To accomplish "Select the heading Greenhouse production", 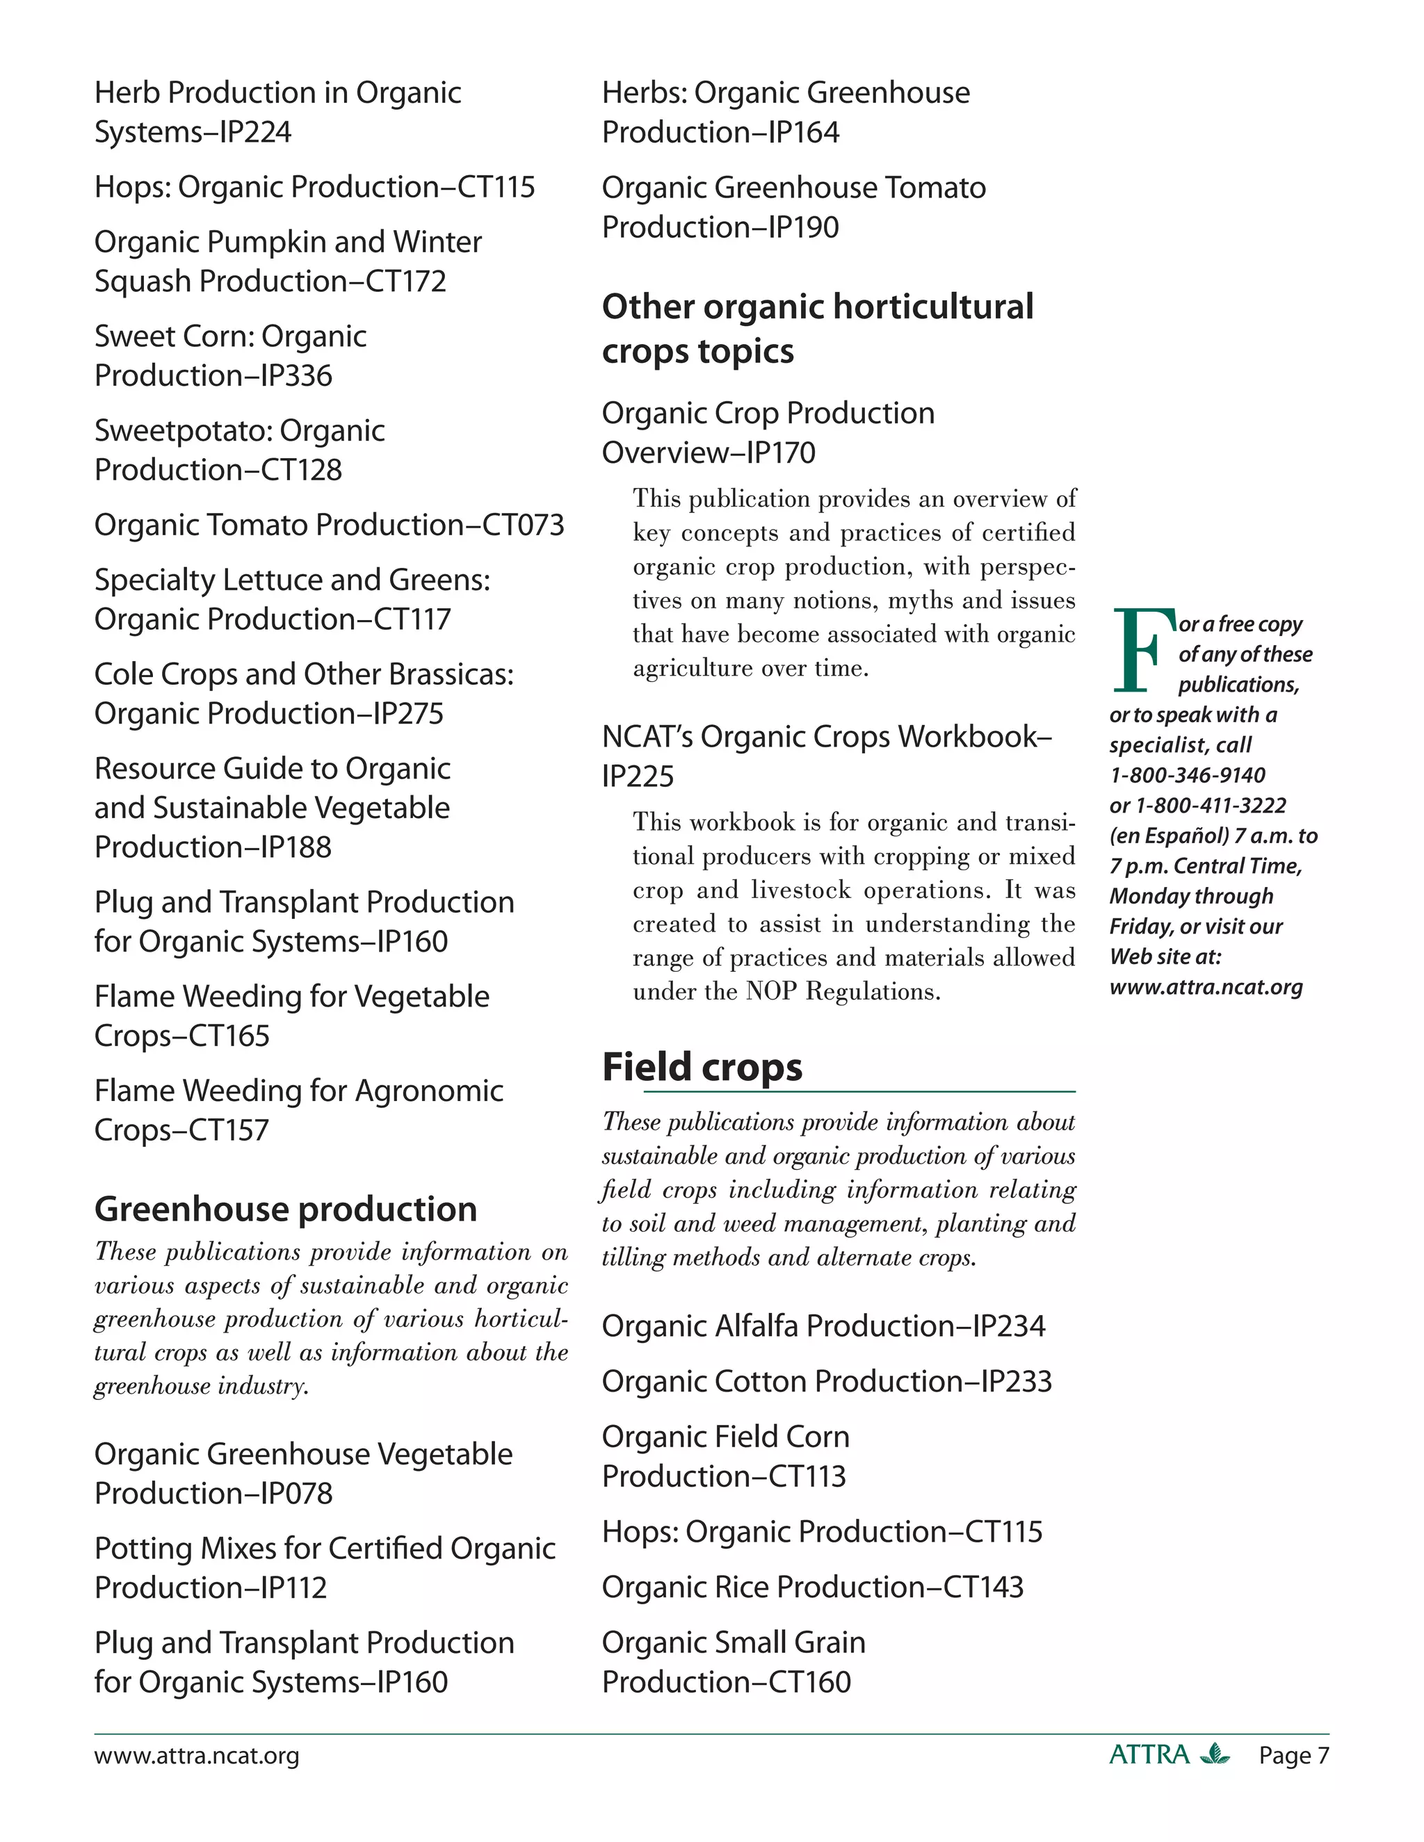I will click(285, 1209).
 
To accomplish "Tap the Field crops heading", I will click(702, 1068).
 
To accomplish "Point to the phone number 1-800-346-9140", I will click(1187, 775).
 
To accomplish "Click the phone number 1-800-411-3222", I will click(1211, 806).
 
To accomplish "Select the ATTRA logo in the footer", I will click(1168, 1755).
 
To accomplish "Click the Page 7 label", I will click(1293, 1756).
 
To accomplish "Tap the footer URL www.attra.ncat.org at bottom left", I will click(197, 1756).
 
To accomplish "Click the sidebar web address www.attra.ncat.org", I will click(1206, 987).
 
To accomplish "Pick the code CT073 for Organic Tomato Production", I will click(522, 525).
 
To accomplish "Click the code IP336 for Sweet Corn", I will click(296, 376).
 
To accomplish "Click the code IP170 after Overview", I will click(781, 453).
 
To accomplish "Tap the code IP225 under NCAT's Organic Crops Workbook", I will click(638, 776).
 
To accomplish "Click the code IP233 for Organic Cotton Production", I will click(1016, 1382).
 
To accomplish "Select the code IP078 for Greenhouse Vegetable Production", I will click(296, 1494).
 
